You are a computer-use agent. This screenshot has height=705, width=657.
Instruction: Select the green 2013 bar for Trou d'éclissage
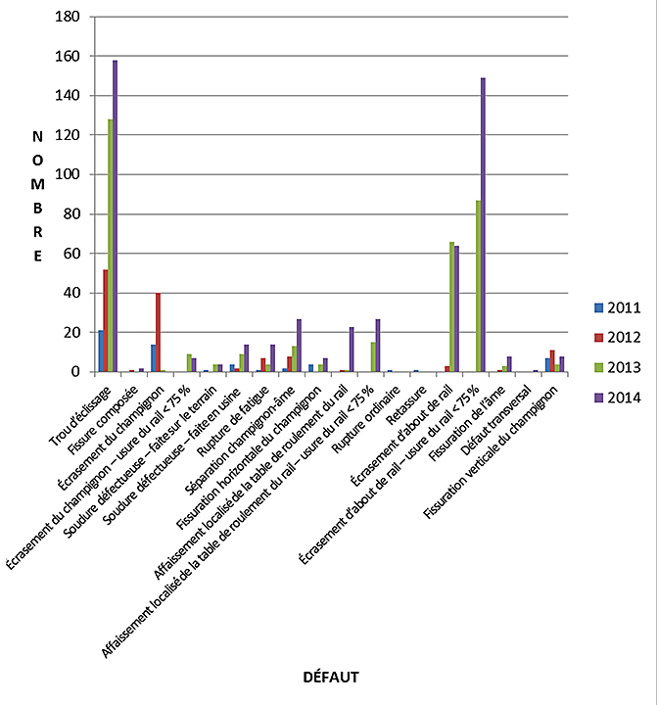tap(110, 245)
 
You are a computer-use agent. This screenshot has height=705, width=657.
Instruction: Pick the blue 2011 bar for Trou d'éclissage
tap(100, 352)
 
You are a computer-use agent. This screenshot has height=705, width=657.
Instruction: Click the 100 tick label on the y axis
tap(68, 174)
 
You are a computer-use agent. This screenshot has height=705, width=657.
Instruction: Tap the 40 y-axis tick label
tap(70, 293)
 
